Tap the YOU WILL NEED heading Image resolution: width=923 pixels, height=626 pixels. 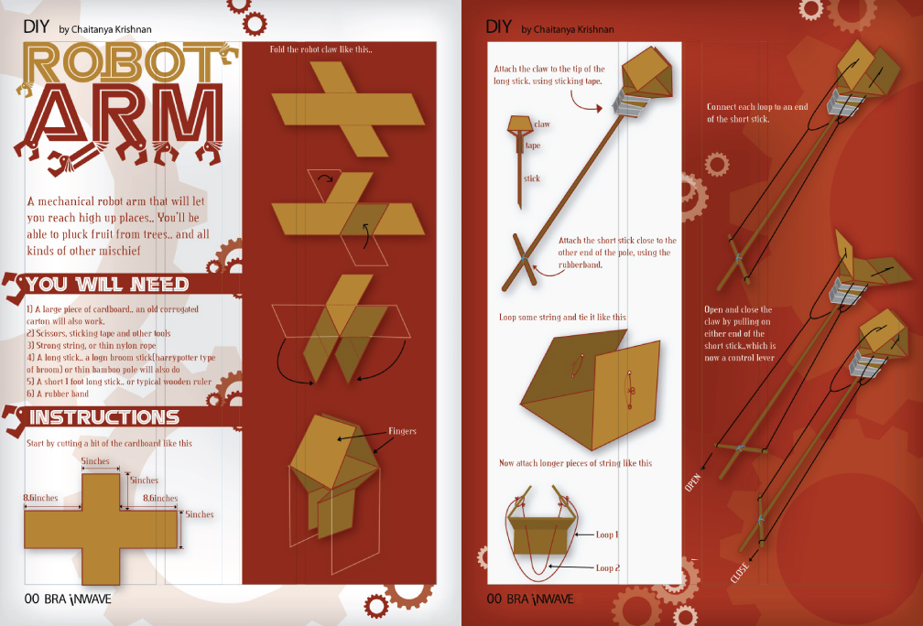(x=107, y=285)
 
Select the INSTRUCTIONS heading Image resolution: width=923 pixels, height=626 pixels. (x=104, y=417)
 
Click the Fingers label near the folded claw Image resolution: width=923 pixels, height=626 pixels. (x=402, y=431)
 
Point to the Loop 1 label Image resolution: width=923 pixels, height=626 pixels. (x=607, y=534)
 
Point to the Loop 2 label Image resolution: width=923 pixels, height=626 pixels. (x=608, y=567)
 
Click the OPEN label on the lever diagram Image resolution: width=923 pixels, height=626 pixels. (x=693, y=481)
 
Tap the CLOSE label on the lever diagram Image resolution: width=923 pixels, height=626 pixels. (x=739, y=573)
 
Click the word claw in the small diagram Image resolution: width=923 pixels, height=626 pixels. (x=542, y=124)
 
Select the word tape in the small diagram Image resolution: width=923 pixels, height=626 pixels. (x=533, y=146)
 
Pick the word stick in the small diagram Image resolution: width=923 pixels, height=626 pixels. (x=531, y=178)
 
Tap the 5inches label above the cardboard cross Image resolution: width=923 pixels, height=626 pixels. (x=95, y=461)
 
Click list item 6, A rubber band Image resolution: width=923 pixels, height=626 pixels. (x=58, y=394)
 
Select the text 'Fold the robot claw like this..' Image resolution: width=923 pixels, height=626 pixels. (x=320, y=49)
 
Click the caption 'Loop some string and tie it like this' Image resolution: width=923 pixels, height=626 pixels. (x=563, y=317)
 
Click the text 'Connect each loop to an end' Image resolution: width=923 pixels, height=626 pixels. (x=757, y=106)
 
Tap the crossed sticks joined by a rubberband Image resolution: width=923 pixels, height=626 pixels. (x=520, y=259)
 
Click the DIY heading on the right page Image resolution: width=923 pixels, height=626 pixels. (x=498, y=27)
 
